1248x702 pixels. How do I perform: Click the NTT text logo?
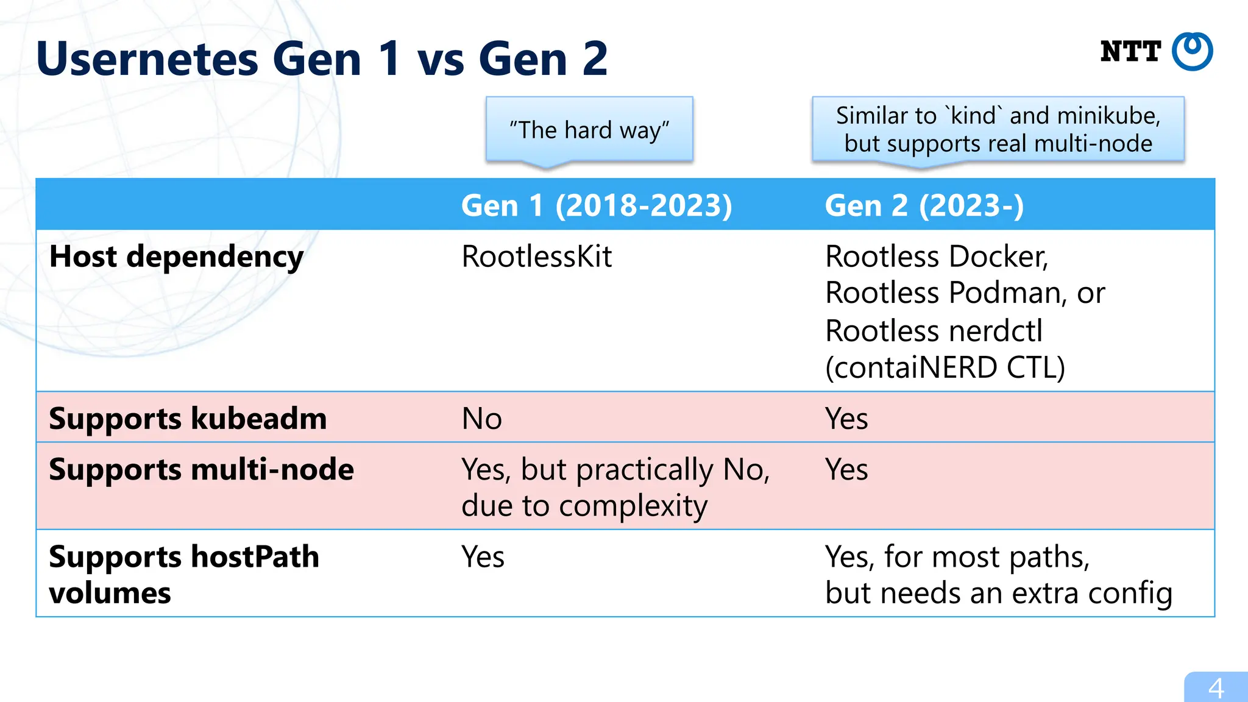click(1130, 52)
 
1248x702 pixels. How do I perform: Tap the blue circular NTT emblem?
click(1193, 52)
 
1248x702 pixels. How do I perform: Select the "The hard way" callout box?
click(589, 130)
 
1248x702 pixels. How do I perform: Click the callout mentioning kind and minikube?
click(998, 129)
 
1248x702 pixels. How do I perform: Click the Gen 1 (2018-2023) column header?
click(597, 205)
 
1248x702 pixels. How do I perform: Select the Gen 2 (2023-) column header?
click(924, 205)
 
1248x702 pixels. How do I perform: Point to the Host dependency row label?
click(176, 257)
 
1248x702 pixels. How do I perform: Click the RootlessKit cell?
click(536, 257)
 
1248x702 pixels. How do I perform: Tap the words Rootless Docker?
click(936, 257)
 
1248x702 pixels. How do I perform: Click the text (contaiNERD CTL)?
click(945, 367)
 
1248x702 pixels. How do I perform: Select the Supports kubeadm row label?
click(188, 419)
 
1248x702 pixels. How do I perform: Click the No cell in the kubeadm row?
click(481, 419)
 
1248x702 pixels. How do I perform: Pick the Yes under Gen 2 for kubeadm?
click(846, 419)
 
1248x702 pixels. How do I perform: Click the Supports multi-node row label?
click(201, 470)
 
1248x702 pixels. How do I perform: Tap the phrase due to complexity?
click(584, 506)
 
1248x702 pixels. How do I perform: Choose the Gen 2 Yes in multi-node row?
click(846, 470)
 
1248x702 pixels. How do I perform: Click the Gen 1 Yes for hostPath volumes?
click(483, 556)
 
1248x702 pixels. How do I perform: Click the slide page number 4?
click(1216, 689)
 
